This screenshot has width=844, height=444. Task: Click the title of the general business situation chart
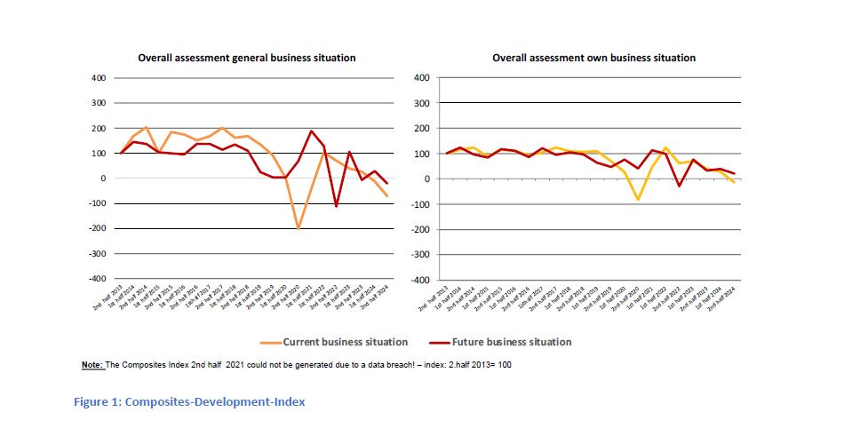246,58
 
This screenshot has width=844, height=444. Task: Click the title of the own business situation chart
593,58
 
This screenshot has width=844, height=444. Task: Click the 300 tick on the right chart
422,103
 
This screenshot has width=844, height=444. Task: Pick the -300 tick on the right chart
420,255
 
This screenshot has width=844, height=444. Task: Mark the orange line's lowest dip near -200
298,228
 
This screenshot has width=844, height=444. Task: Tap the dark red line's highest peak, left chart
311,131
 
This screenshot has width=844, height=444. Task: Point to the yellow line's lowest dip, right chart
638,200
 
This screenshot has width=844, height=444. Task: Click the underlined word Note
92,365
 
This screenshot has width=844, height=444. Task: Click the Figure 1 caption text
188,402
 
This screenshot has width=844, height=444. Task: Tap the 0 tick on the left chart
102,178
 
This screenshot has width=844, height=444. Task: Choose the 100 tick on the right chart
422,154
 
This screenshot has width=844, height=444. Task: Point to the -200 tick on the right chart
420,229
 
